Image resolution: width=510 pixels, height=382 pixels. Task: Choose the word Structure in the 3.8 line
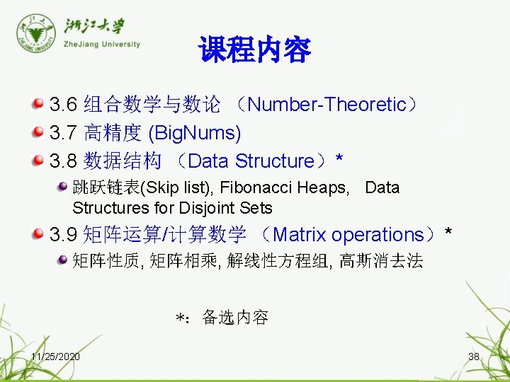[274, 161]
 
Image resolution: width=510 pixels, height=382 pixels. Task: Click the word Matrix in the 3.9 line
[299, 234]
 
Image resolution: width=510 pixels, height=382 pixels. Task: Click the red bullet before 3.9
[38, 233]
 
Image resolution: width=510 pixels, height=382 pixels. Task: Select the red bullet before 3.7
[38, 132]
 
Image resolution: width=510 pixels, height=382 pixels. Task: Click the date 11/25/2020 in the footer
[55, 357]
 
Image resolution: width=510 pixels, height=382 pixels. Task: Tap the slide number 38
[474, 357]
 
